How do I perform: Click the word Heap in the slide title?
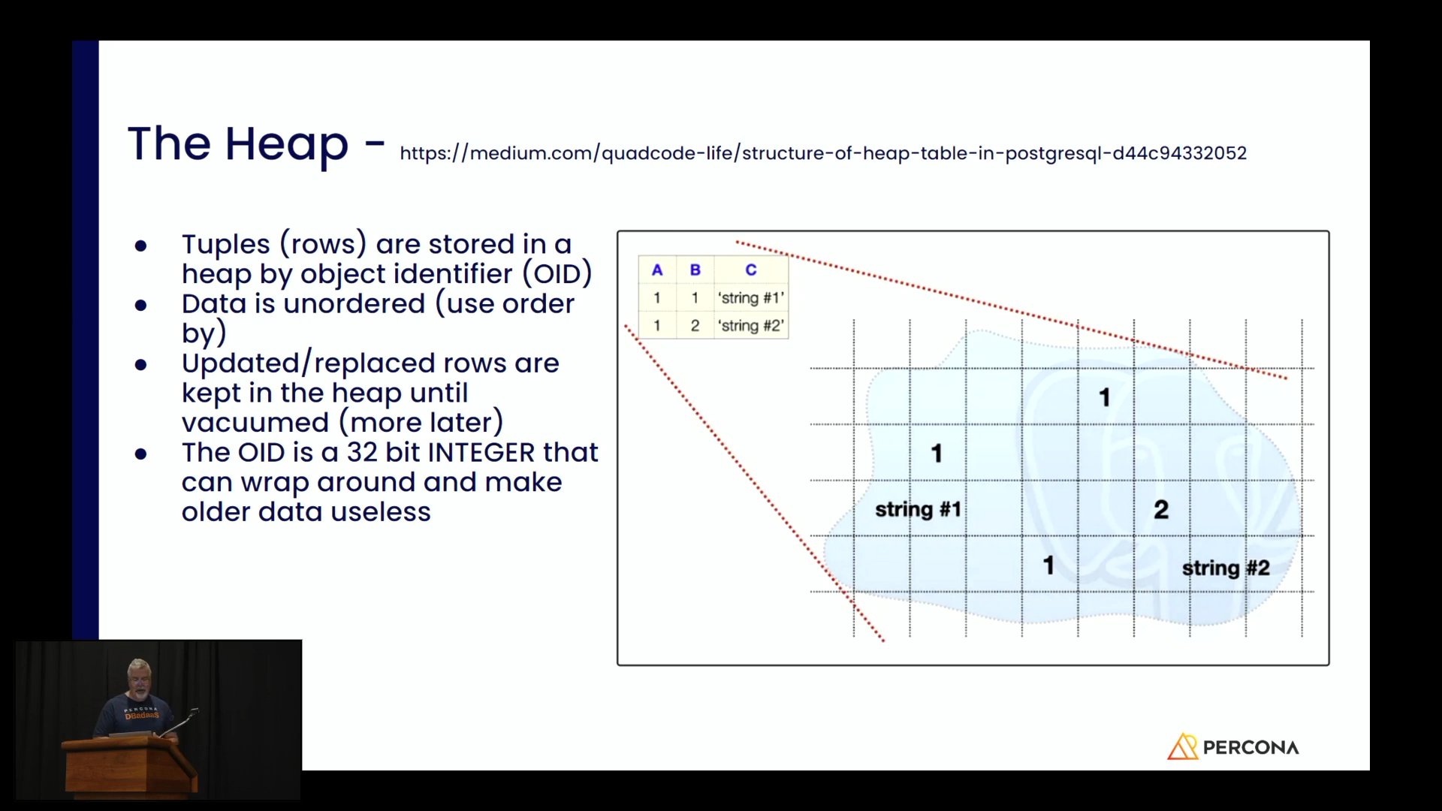click(x=286, y=144)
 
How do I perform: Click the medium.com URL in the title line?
click(x=823, y=153)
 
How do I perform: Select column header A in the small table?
click(x=657, y=270)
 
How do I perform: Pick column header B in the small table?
click(x=695, y=270)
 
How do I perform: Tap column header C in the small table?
click(x=751, y=270)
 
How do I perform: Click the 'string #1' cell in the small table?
click(x=751, y=298)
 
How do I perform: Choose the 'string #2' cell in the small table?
click(x=751, y=326)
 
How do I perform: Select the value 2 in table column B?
click(x=695, y=326)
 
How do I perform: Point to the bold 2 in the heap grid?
click(x=1161, y=510)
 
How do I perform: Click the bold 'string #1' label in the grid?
click(x=918, y=510)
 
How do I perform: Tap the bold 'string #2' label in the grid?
click(x=1226, y=568)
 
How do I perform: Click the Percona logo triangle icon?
click(x=1182, y=746)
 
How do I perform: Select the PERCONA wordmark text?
click(x=1251, y=748)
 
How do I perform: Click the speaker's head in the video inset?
click(x=139, y=674)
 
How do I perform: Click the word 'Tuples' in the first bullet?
click(x=225, y=245)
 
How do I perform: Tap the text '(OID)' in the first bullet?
click(x=557, y=274)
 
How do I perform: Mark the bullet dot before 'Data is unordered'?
click(x=140, y=305)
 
